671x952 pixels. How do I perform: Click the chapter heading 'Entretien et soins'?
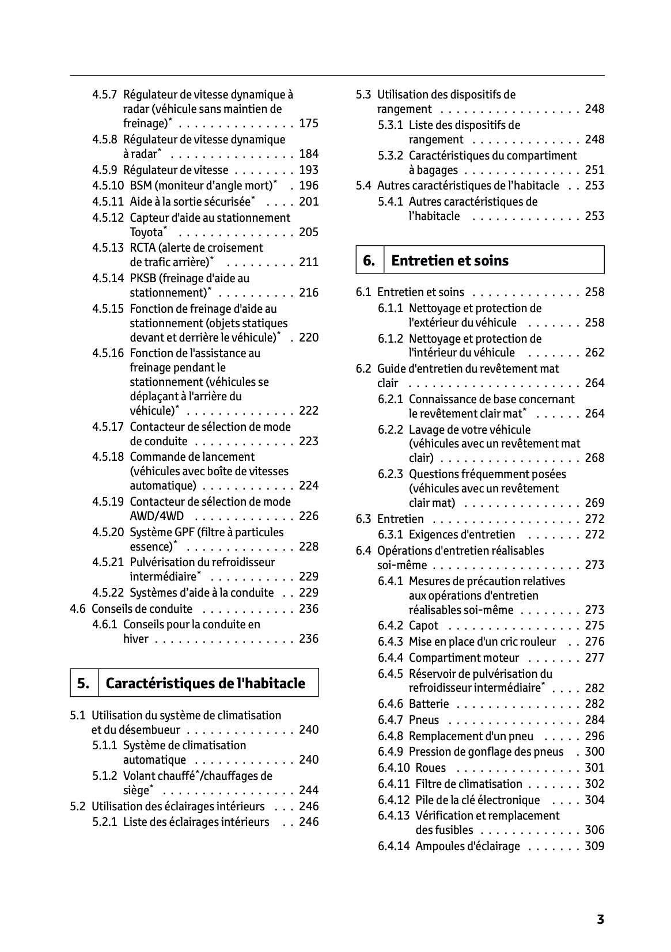[450, 261]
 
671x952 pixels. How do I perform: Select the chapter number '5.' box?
[84, 684]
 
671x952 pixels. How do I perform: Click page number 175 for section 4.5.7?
[309, 124]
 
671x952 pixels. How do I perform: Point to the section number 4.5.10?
[108, 186]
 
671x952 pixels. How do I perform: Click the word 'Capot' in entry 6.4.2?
[423, 626]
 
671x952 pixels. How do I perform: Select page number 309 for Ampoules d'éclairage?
[594, 847]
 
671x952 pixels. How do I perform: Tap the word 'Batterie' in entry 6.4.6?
[429, 704]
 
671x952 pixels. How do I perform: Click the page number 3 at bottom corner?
[600, 920]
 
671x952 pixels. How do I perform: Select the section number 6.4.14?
[394, 847]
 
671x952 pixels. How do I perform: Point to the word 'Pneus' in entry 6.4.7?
[424, 720]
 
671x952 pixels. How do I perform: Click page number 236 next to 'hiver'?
[309, 639]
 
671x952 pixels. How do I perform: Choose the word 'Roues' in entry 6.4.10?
[430, 768]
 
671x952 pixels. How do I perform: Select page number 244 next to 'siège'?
[309, 791]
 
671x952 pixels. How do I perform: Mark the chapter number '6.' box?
[369, 261]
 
